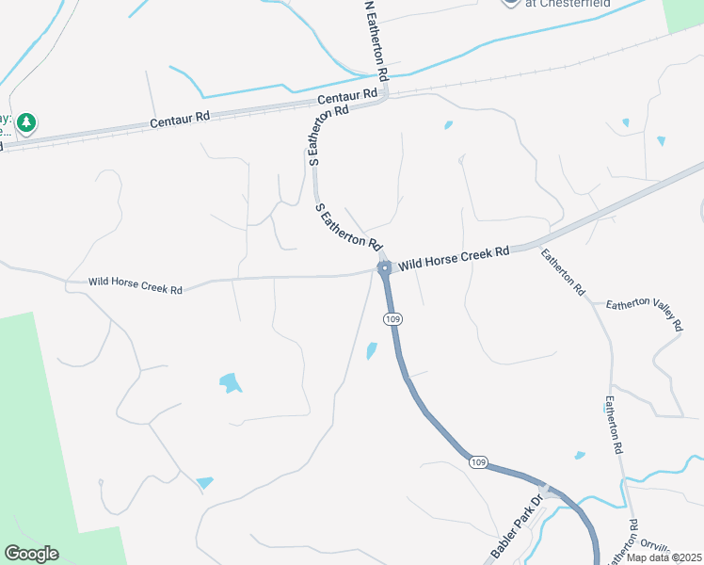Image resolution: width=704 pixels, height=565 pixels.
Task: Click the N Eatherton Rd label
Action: pyautogui.click(x=374, y=40)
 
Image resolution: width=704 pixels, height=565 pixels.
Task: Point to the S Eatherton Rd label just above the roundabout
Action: pyautogui.click(x=349, y=227)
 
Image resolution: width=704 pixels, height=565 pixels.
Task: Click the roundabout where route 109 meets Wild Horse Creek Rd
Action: pyautogui.click(x=384, y=268)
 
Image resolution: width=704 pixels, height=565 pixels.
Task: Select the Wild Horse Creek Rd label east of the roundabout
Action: pyautogui.click(x=454, y=259)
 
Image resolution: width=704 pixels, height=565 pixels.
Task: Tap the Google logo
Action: pyautogui.click(x=31, y=554)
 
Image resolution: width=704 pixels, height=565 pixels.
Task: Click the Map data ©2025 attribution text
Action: pyautogui.click(x=664, y=557)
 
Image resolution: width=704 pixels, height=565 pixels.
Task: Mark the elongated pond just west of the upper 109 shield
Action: pyautogui.click(x=371, y=351)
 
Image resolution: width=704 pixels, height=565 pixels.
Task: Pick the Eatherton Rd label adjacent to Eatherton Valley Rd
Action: pyautogui.click(x=564, y=273)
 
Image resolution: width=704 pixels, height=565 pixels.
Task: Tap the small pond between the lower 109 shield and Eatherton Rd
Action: pyautogui.click(x=580, y=456)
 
